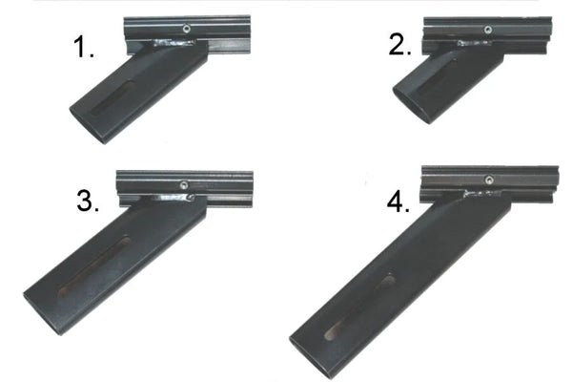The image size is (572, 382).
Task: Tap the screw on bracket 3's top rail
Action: [182, 185]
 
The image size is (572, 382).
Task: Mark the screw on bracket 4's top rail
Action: [488, 179]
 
